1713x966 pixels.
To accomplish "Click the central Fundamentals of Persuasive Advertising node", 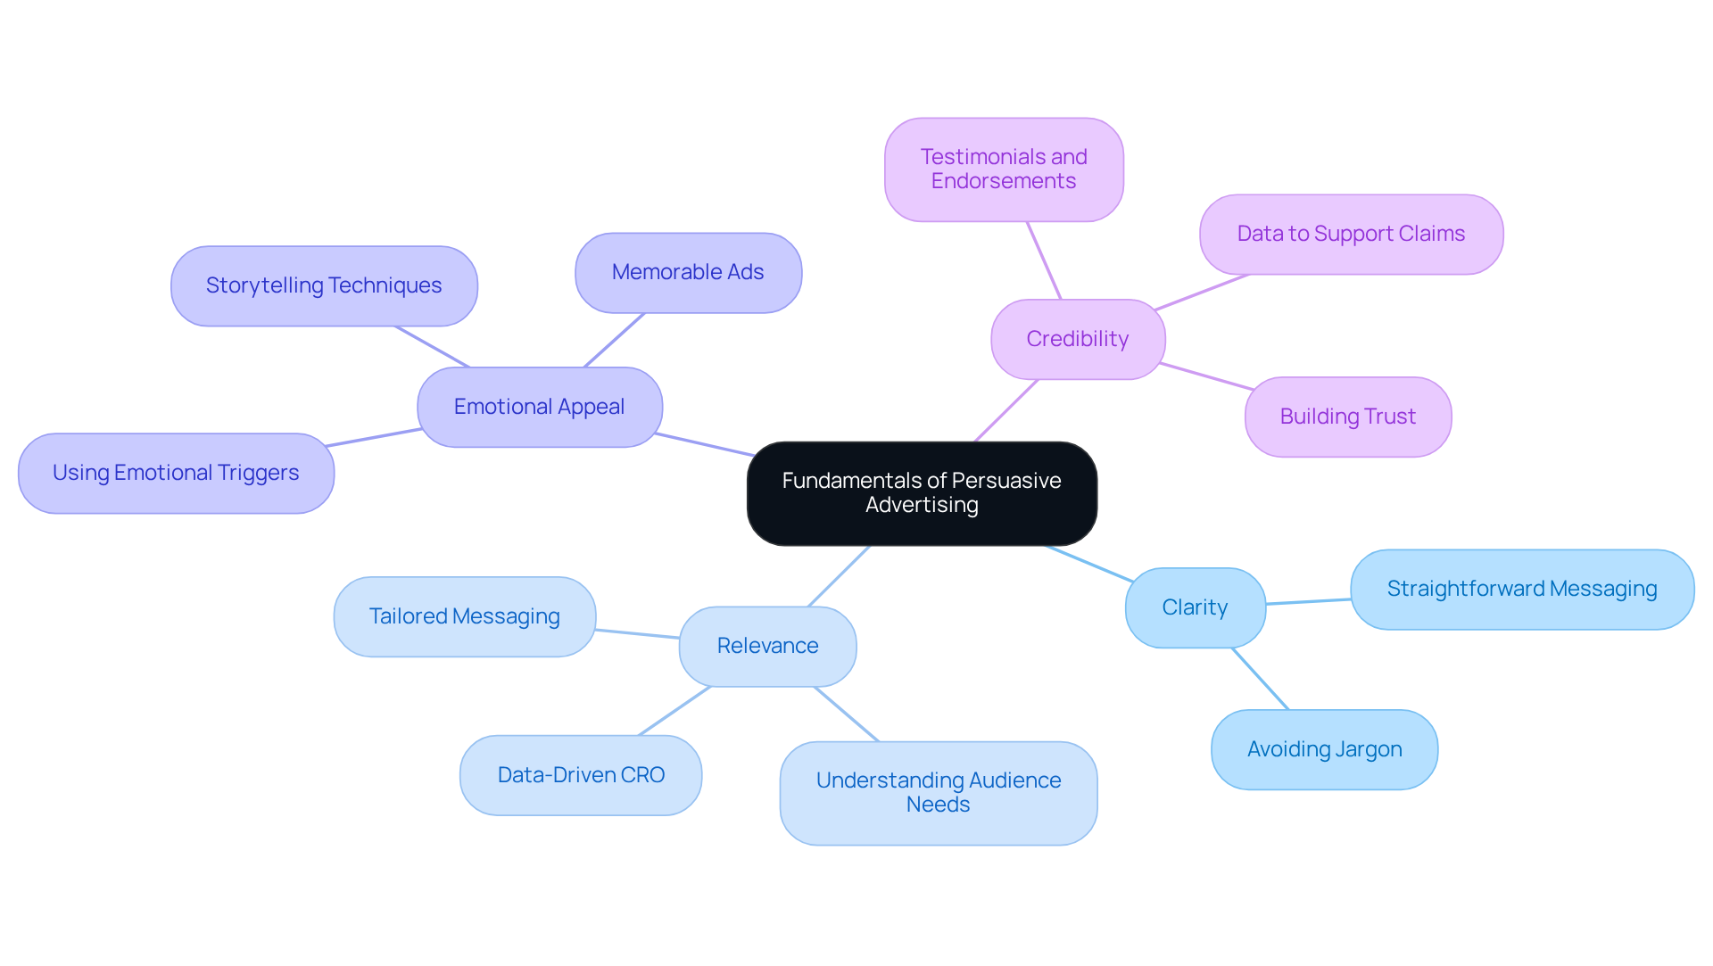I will coord(922,493).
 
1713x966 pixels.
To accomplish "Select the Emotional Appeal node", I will coord(540,407).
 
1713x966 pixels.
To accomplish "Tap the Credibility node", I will coord(1078,339).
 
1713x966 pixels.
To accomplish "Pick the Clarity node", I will coord(1195,607).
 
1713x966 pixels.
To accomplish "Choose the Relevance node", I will coord(767,646).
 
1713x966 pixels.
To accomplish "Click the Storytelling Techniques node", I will coord(324,285).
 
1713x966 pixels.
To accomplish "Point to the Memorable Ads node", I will coord(688,272).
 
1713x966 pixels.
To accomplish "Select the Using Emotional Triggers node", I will coord(176,473).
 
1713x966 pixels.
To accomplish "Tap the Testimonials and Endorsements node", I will coord(1004,169).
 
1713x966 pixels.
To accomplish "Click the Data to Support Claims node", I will coord(1351,234).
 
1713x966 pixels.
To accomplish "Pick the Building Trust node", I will coord(1347,417).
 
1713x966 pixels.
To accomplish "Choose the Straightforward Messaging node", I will coord(1522,589).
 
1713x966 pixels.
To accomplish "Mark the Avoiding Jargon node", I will coord(1324,749).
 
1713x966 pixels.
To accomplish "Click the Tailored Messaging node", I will coord(464,616).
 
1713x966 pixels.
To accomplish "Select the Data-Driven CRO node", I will coord(581,775).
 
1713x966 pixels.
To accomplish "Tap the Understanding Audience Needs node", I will coord(939,792).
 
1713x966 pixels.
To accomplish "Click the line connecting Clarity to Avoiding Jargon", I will coord(1261,679).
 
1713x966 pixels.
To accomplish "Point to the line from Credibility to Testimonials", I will coord(1044,260).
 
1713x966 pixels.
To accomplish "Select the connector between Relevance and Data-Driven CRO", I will coord(674,711).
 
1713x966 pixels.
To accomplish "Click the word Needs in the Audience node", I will coord(938,805).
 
